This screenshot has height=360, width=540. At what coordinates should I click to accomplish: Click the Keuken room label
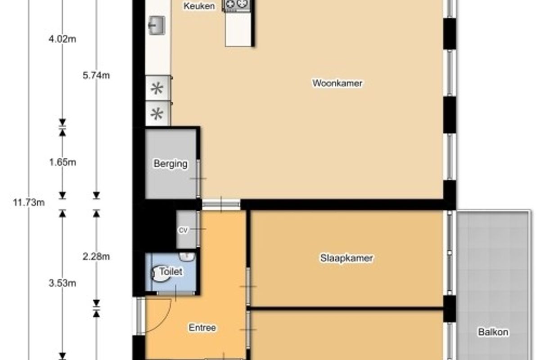point(199,6)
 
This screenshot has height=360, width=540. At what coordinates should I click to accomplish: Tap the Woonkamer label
point(337,83)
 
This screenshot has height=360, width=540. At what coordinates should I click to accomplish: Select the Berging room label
point(171,164)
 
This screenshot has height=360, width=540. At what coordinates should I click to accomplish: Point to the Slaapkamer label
point(346,258)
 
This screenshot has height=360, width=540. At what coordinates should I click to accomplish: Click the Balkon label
point(493,332)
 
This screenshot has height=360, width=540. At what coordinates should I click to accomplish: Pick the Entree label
point(202,328)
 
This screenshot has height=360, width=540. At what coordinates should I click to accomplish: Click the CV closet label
point(183,230)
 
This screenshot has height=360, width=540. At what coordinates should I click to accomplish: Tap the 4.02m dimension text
point(62,39)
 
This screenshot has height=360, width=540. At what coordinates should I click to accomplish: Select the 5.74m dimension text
point(96,76)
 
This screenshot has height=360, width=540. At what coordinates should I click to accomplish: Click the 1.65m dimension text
point(63,162)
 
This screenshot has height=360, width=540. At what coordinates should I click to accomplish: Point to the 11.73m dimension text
point(29,202)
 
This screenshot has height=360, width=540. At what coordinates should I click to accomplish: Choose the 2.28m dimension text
point(96,256)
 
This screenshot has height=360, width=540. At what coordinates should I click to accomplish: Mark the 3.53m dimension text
point(62,283)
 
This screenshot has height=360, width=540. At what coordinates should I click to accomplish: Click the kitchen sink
point(157,25)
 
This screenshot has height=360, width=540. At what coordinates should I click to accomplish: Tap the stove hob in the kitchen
point(236,5)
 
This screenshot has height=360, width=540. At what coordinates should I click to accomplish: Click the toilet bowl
point(161,274)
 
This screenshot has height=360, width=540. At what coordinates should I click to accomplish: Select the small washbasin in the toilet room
point(187,257)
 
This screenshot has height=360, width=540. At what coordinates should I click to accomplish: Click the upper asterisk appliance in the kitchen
point(157,88)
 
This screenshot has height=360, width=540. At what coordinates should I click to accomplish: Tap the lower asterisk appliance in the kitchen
point(157,113)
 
